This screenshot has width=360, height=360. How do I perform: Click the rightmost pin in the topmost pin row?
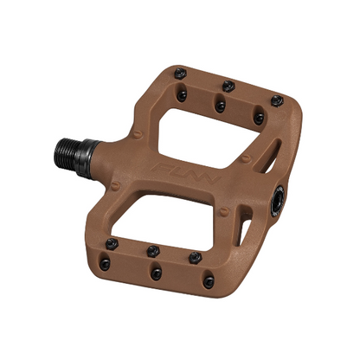(276, 101)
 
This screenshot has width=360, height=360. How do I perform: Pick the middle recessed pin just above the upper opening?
(221, 106)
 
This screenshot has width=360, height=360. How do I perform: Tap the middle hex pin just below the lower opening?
(152, 250)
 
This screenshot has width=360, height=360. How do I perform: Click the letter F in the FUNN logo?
(161, 161)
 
